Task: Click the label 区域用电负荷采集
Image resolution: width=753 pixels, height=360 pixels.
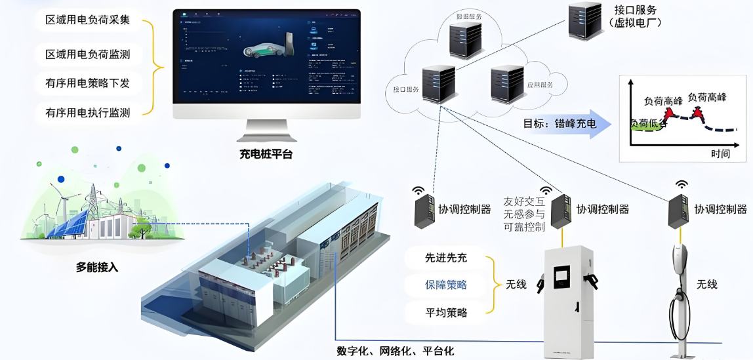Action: point(88,20)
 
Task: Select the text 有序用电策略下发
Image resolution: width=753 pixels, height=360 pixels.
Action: point(88,83)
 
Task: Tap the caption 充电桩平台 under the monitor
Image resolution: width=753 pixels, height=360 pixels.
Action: point(266,155)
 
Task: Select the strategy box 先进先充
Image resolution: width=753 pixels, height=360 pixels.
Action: point(446,258)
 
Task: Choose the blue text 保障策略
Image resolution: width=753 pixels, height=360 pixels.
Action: point(446,285)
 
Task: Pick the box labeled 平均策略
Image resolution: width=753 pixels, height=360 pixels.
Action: point(446,312)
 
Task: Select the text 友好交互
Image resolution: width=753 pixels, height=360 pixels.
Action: point(524,201)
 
